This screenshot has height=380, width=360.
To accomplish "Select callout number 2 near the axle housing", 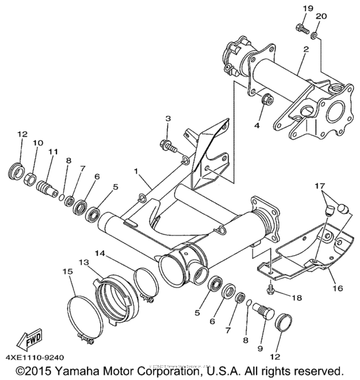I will (x=306, y=48).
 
